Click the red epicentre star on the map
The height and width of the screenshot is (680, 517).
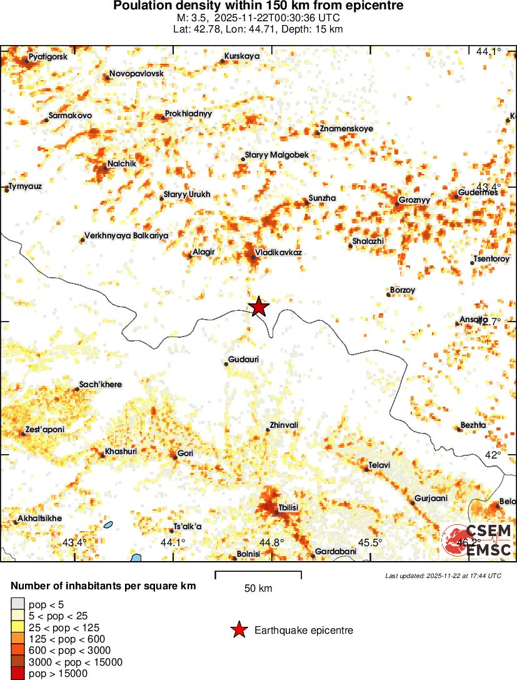[258, 307]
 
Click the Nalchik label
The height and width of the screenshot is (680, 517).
[121, 163]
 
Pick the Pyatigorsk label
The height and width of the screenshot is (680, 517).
[48, 58]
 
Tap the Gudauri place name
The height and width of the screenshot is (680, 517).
[244, 360]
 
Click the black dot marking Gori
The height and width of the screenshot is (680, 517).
[176, 458]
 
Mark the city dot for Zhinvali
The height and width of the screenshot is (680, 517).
[267, 430]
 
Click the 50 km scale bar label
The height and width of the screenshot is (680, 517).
[258, 588]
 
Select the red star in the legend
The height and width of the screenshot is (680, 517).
[239, 630]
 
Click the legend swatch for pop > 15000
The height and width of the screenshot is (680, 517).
[18, 673]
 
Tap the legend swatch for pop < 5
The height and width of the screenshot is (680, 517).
[18, 604]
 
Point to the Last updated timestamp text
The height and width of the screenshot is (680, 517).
[443, 576]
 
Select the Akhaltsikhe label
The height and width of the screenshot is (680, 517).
[40, 519]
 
